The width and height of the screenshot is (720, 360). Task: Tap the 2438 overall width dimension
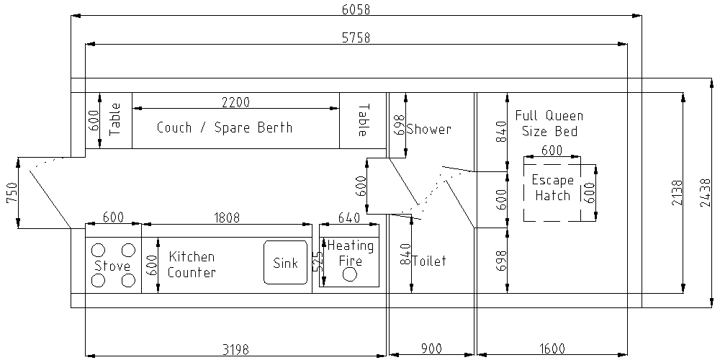coord(705,193)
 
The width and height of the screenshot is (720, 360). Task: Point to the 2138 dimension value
coord(676,193)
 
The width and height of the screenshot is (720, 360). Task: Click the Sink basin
coord(285,263)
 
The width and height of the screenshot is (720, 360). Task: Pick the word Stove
coord(112,266)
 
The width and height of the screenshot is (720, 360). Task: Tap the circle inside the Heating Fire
coord(351,275)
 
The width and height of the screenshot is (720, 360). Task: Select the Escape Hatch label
coord(552,188)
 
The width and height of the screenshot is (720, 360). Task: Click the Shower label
coord(428,130)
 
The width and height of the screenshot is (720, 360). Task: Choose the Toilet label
coord(428,261)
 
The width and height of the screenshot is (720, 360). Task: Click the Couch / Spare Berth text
coord(225,127)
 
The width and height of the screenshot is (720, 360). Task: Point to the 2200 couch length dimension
coord(235,102)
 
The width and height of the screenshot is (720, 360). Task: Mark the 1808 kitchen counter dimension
coord(225,217)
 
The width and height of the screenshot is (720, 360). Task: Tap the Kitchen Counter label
coord(192,264)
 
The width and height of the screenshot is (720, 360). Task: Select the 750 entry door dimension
coord(12,193)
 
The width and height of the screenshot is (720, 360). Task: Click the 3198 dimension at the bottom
coord(235,349)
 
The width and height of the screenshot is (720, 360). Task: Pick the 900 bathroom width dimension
coord(431,349)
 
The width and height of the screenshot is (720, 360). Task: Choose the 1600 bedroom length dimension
coord(552,349)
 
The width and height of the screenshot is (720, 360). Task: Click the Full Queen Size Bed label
coord(549,123)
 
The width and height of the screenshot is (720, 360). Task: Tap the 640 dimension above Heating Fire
coord(348,217)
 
